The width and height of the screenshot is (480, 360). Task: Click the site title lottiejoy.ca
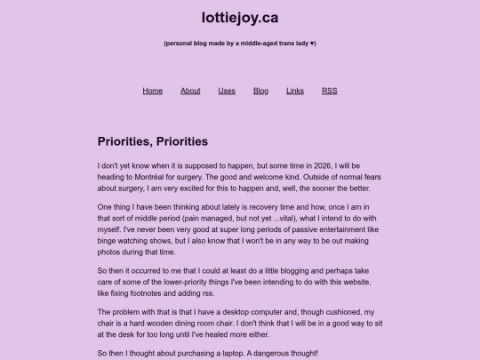(x=239, y=17)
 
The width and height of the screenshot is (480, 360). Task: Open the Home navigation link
(x=153, y=91)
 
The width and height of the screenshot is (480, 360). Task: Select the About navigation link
(x=190, y=91)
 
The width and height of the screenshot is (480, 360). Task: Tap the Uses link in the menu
(x=227, y=91)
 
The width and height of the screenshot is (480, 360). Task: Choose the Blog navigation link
(x=260, y=91)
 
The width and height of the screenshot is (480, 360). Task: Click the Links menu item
(x=295, y=91)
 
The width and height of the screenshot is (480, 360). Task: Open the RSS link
(x=329, y=91)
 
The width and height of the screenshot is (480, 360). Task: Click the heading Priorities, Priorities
(x=152, y=141)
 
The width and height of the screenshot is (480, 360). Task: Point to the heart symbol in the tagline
(x=312, y=44)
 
